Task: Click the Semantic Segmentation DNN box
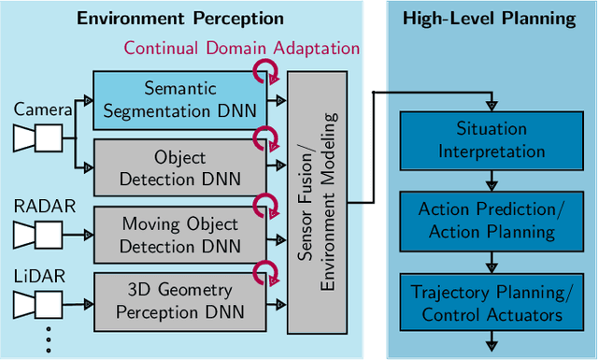[180, 100]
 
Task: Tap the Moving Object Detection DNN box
[180, 234]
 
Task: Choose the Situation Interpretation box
[491, 138]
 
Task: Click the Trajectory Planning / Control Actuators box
[491, 303]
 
